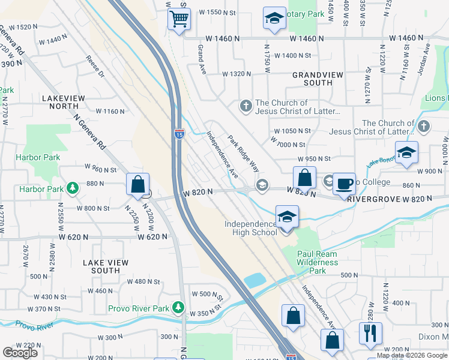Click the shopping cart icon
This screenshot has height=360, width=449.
click(x=178, y=20)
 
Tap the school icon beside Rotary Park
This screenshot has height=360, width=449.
click(x=274, y=19)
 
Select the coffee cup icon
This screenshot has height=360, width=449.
click(x=344, y=184)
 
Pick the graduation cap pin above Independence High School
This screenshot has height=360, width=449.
click(x=287, y=217)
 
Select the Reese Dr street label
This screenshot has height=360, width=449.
click(x=95, y=67)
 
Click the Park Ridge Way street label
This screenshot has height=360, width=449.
click(x=243, y=153)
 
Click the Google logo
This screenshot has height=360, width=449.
click(x=20, y=352)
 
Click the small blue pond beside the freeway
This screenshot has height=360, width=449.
click(x=255, y=280)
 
